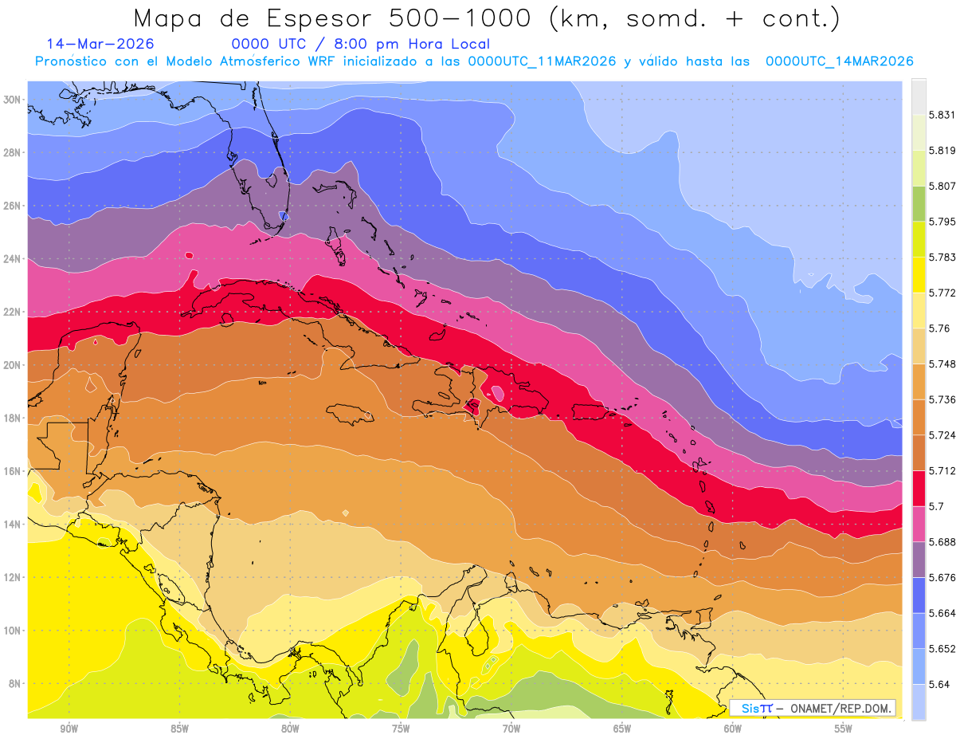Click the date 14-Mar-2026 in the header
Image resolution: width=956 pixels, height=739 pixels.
[100, 44]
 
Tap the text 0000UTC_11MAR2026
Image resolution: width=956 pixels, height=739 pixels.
[542, 61]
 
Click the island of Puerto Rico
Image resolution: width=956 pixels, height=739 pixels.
[591, 412]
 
